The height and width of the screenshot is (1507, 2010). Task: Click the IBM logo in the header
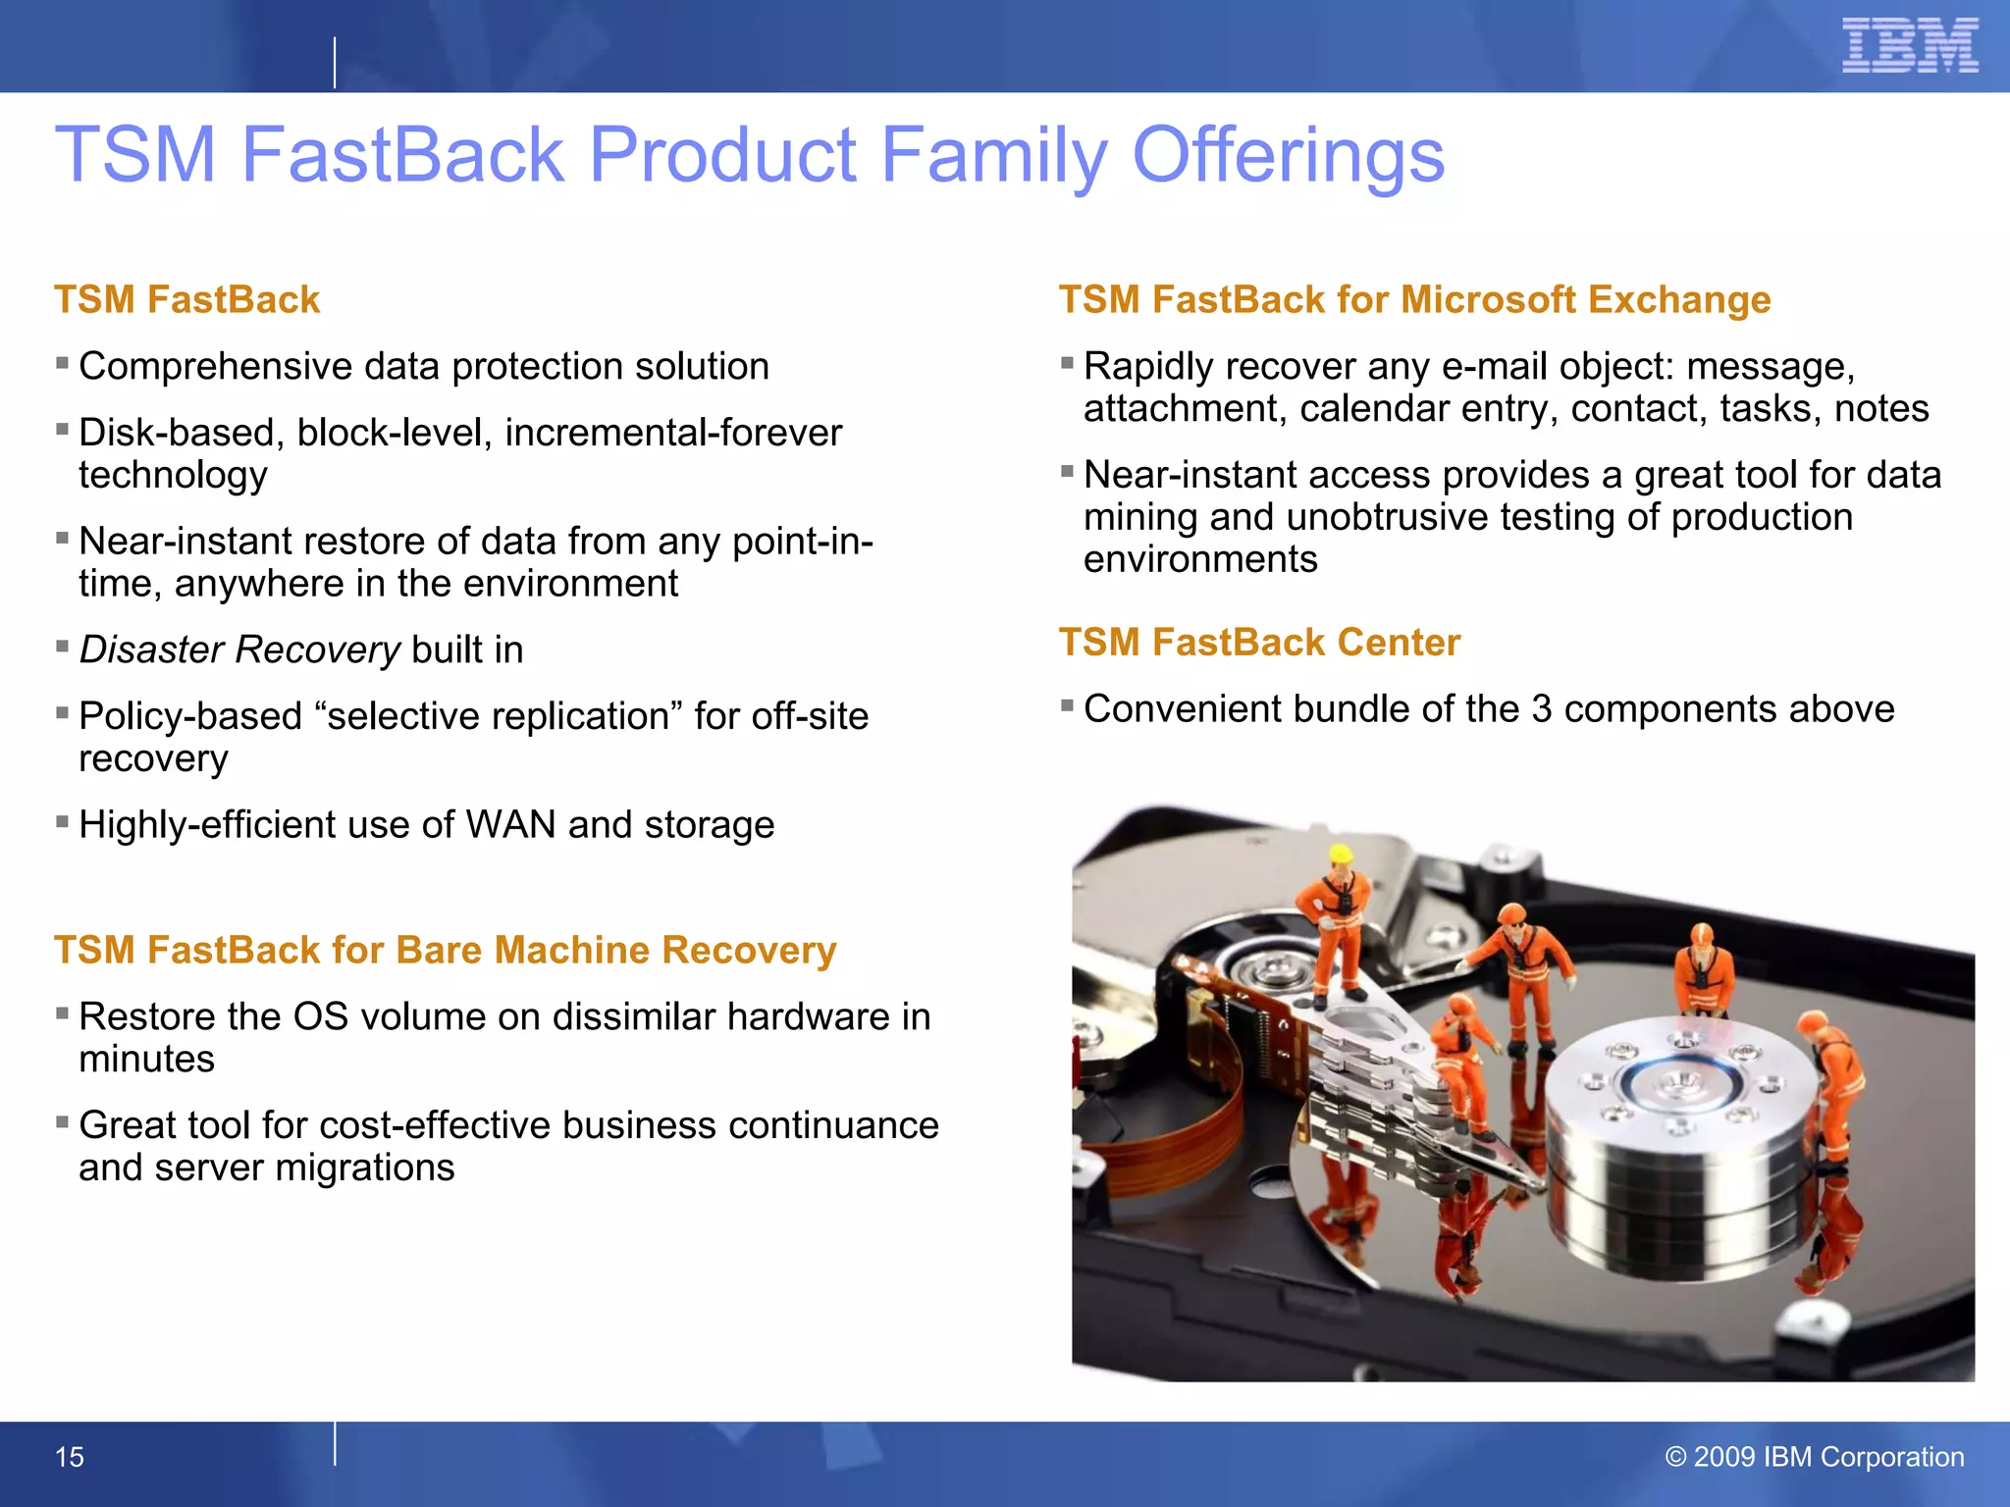click(1909, 46)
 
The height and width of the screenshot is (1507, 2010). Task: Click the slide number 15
click(69, 1457)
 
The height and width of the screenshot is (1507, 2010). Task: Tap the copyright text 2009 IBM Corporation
click(1816, 1456)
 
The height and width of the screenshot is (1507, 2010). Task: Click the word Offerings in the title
click(1288, 155)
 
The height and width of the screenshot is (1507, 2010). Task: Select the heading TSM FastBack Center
click(1259, 643)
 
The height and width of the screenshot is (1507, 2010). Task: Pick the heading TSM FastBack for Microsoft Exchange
click(1414, 299)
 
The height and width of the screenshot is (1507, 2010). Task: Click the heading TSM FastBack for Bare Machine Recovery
click(445, 950)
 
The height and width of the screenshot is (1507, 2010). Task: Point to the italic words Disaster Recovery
click(239, 650)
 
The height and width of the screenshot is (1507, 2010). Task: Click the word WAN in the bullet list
click(510, 824)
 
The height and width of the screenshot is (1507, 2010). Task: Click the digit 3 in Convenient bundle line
click(1541, 709)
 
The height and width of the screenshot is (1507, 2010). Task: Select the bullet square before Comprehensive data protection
click(62, 363)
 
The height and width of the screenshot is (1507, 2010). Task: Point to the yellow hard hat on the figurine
click(1341, 853)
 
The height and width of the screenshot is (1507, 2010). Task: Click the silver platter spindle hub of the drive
click(1680, 1084)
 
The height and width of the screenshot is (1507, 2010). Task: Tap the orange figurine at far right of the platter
click(1833, 1079)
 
